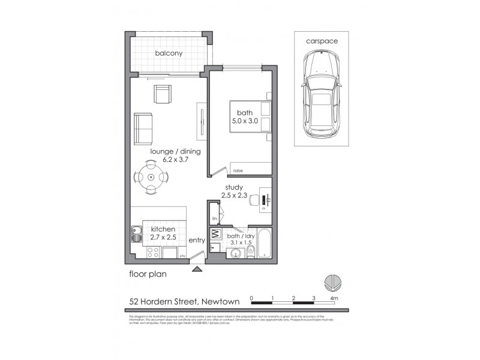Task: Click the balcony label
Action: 169,53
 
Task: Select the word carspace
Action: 322,41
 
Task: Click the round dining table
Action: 151,178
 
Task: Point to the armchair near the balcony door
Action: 163,94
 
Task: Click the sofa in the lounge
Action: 143,128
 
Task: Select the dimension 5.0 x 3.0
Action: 244,121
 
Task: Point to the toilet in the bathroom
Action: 251,251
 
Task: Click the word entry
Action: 197,241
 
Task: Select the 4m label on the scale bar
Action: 334,298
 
